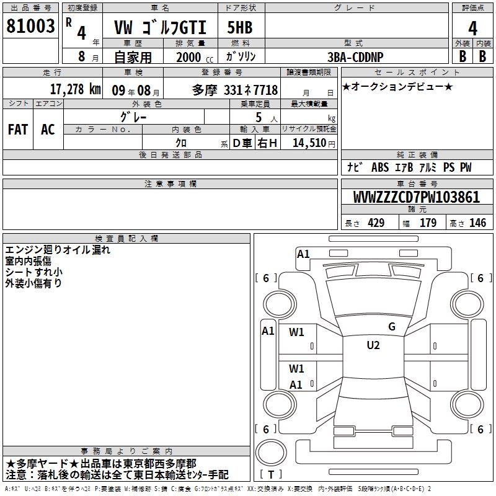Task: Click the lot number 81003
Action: click(30, 26)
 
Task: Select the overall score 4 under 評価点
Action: click(472, 29)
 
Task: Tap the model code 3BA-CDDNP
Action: click(355, 57)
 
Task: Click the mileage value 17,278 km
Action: click(75, 89)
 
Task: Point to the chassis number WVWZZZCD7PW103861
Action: click(416, 197)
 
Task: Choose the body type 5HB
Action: click(240, 27)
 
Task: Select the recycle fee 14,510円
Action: click(314, 143)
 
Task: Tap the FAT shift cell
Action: click(18, 130)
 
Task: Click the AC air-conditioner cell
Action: click(48, 130)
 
